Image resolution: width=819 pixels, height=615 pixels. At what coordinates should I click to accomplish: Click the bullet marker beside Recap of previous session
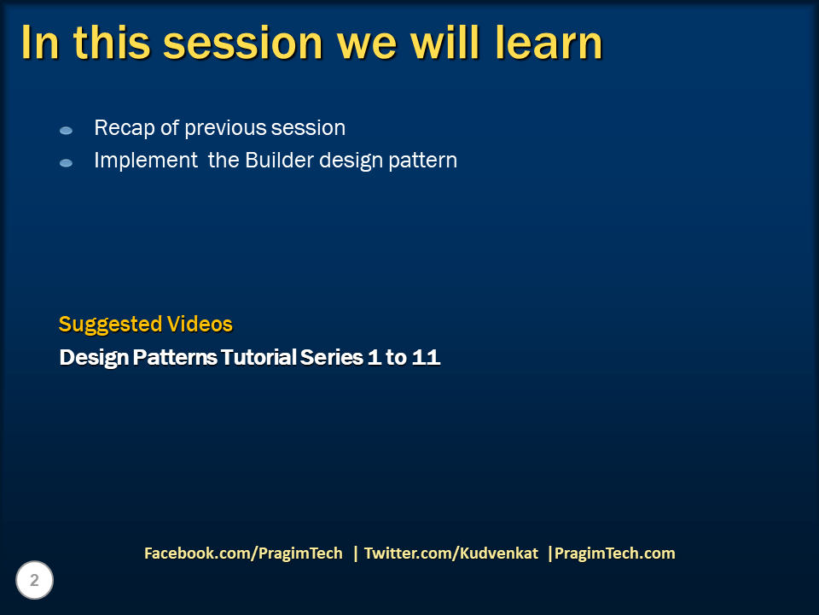point(66,131)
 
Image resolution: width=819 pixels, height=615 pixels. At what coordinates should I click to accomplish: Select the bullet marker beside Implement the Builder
point(66,162)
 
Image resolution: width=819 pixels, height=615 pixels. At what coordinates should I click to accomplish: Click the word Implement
point(146,161)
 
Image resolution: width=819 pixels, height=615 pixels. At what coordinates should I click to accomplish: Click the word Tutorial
point(258,357)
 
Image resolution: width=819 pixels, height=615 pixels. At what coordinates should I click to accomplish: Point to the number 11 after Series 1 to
point(426,357)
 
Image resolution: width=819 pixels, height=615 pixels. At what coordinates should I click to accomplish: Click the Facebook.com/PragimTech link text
point(243,553)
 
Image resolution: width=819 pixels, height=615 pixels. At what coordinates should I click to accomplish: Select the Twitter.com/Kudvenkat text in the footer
point(451,553)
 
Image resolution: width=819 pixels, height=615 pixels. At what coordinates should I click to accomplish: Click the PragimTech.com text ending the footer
point(614,553)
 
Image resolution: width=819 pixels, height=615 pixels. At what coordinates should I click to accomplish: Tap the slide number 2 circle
point(35,581)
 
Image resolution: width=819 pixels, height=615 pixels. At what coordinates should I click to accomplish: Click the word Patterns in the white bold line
point(175,357)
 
